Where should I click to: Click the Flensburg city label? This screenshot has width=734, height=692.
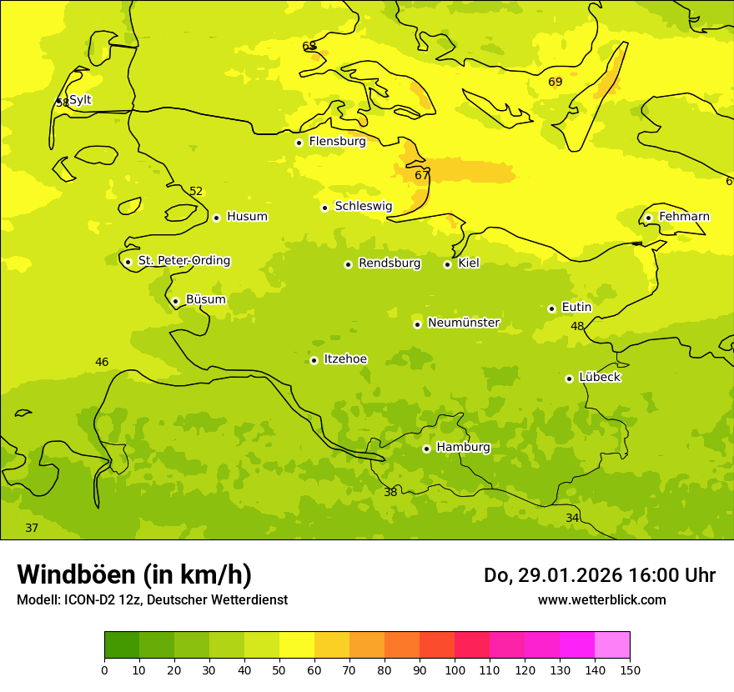coord(337,142)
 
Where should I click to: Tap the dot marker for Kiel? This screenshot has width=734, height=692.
coord(447,264)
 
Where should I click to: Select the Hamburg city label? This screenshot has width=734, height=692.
coord(463,448)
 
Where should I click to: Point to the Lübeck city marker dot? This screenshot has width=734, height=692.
coord(569,379)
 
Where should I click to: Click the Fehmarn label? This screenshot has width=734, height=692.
coord(684,217)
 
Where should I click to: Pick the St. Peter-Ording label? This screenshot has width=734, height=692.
coord(183,261)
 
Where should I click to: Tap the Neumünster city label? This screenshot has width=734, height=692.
coord(463,323)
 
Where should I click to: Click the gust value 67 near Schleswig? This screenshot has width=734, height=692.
coord(422,175)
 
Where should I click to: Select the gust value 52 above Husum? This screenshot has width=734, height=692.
coord(196,192)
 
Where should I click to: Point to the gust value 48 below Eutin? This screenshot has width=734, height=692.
coord(577,327)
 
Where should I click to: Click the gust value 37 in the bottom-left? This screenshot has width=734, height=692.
coord(32,529)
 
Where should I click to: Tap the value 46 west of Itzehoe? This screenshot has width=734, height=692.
coord(102,363)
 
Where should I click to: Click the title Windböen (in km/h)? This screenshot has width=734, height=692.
coord(134,574)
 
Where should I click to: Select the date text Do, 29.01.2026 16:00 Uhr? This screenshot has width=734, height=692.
coord(600,575)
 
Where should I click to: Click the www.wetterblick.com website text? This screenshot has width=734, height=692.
coord(601,600)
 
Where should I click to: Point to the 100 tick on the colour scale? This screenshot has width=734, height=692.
coord(455,669)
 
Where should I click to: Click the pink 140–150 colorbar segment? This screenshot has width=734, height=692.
coord(612,645)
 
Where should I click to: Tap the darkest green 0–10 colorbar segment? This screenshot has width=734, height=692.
coord(122,645)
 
